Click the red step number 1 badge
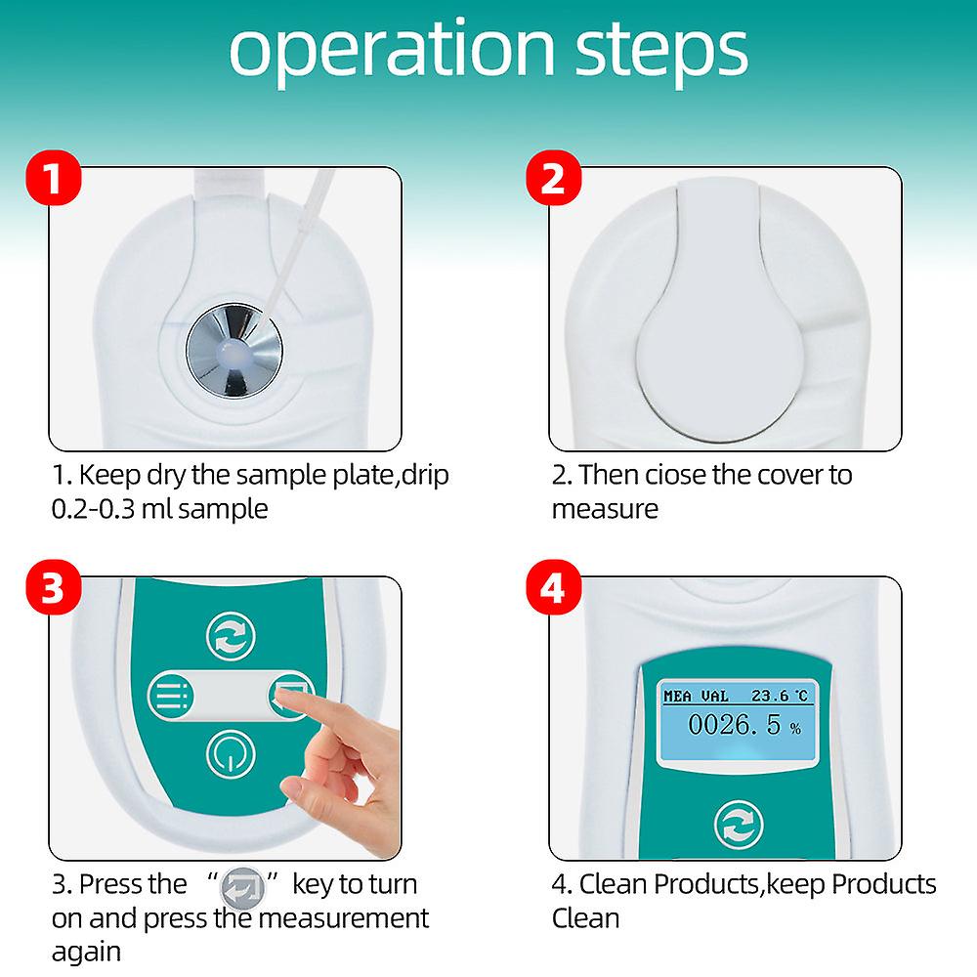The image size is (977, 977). click(54, 178)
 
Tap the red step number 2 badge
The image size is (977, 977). click(553, 178)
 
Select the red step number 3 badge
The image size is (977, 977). click(54, 587)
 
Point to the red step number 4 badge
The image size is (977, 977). click(553, 587)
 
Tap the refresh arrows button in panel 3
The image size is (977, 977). click(231, 636)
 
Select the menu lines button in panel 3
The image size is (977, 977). click(171, 696)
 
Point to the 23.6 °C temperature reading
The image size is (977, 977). click(780, 696)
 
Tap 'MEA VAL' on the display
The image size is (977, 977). click(696, 696)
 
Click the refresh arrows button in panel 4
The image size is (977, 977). click(739, 825)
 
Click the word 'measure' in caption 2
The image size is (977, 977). click(605, 510)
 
